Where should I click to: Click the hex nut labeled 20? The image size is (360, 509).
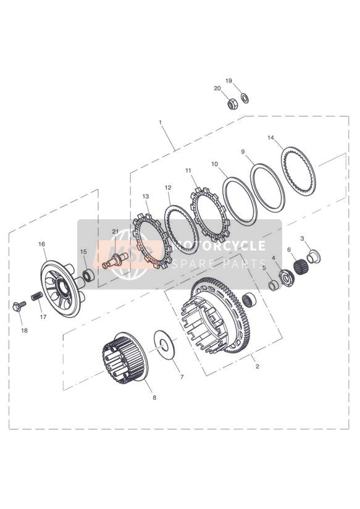point(233,104)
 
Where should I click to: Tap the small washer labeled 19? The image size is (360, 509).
point(245,98)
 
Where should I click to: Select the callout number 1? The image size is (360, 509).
point(160,122)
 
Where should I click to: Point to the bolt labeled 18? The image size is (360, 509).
point(19,306)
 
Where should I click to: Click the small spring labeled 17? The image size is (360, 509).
point(36,297)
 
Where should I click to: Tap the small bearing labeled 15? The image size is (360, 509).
point(88,276)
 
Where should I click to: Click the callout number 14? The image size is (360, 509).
point(270,138)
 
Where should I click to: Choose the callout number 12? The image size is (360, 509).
point(168,188)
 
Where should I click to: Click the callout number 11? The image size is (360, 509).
point(188,170)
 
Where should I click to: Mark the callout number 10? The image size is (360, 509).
point(214,164)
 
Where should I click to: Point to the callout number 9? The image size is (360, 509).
point(243,151)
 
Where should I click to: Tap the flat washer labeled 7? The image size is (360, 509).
point(164,347)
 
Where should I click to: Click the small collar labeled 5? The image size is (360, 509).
point(274,285)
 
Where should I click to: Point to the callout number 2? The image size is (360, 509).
point(257,367)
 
